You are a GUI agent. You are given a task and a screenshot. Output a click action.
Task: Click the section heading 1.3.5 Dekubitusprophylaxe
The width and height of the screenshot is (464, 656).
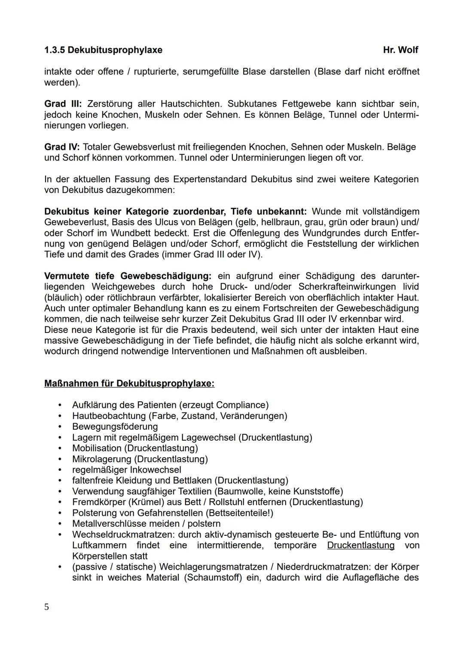pos(103,50)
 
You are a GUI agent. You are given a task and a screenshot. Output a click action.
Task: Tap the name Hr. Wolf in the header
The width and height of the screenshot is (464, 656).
pos(400,50)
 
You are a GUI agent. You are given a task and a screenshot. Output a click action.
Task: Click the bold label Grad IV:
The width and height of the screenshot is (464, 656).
pos(62,147)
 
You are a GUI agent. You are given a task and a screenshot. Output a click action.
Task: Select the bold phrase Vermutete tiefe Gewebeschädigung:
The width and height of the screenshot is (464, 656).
pos(128,276)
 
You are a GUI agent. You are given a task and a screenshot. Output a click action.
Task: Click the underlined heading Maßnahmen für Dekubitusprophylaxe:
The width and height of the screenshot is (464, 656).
pos(129,383)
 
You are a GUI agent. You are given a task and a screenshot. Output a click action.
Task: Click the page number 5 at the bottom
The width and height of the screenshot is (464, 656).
pos(46,607)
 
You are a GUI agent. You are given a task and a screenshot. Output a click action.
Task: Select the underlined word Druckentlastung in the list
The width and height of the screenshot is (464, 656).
pos(360,545)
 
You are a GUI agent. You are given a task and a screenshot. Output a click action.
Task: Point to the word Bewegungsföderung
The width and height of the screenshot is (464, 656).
pos(115,427)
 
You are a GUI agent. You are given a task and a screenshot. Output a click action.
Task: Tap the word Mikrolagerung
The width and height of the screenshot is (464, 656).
pos(101,459)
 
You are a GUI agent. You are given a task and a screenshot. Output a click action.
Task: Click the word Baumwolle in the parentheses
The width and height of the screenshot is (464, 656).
pos(236,491)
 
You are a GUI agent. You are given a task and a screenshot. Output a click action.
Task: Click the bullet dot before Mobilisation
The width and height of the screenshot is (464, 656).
pos(60,448)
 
